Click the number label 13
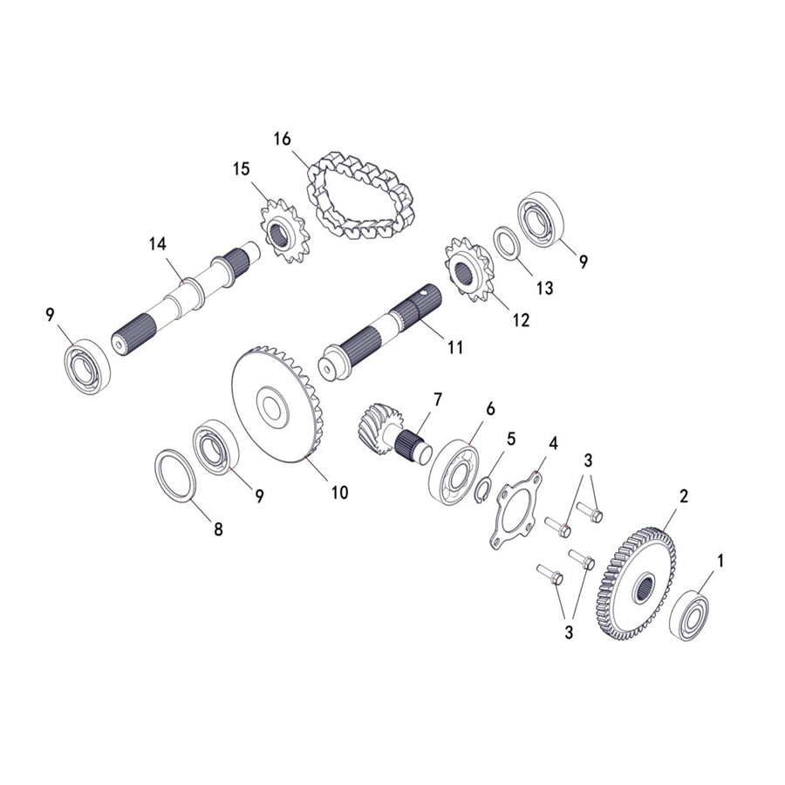(x=544, y=288)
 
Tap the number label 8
(x=217, y=529)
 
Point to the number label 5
(x=512, y=439)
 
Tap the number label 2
(x=684, y=495)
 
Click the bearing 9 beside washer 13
(x=543, y=222)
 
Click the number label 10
(x=338, y=492)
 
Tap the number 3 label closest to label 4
(x=589, y=460)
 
